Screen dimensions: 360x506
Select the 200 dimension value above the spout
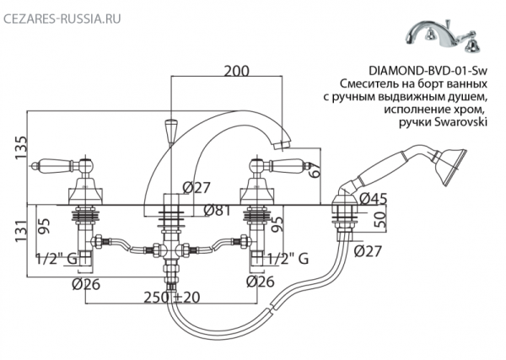tap(235, 72)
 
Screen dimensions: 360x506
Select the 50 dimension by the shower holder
tap(379, 222)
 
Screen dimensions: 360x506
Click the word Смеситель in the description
tap(368, 86)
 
